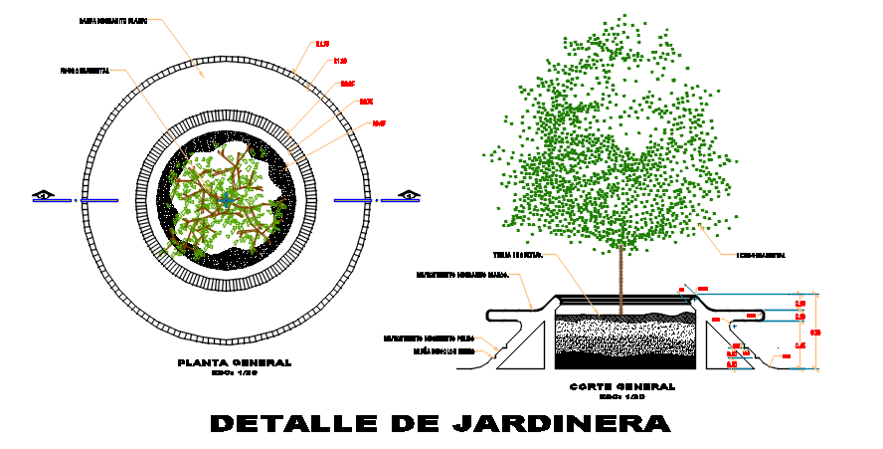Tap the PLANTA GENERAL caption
(235, 362)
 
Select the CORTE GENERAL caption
(621, 386)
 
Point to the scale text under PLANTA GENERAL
(235, 373)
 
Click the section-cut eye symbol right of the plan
(409, 195)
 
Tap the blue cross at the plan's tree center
(228, 199)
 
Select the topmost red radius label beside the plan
(322, 44)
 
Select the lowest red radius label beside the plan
(379, 123)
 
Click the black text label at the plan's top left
(112, 21)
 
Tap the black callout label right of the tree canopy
(760, 256)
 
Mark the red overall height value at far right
(815, 332)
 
